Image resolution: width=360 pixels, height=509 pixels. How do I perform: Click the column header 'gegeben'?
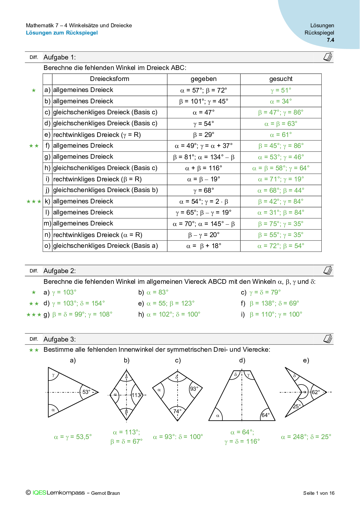pos(204,79)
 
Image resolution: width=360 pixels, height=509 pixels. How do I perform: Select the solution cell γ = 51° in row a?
pos(281,90)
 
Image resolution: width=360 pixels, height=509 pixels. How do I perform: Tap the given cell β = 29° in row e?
pos(204,135)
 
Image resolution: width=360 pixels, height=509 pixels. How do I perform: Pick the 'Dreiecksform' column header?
pos(109,79)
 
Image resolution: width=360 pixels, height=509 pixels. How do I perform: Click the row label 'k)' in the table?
pos(47,201)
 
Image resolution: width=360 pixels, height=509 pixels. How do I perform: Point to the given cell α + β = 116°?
pos(204,168)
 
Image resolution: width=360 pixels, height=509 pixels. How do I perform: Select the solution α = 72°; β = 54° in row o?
pos(281,246)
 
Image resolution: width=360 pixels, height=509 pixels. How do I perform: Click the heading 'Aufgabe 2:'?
pos(60,271)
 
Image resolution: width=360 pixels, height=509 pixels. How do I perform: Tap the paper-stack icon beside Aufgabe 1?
pos(328,57)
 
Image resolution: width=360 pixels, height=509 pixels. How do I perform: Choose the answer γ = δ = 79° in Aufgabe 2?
pos(265,292)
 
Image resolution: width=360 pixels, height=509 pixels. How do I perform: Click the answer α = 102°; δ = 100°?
pos(174,314)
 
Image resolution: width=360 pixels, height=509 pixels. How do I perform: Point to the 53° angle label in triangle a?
pos(87,392)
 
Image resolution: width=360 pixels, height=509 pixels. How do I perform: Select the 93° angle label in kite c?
pos(194,389)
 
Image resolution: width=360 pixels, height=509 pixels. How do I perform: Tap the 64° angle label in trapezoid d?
pos(265,415)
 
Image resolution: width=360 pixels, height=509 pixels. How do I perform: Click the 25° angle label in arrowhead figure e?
pos(296,406)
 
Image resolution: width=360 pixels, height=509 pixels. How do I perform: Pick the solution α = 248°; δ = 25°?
pos(306,437)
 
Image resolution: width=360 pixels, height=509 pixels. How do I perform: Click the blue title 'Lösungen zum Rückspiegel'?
pos(62,33)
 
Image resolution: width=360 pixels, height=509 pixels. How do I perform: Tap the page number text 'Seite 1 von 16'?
pos(319,493)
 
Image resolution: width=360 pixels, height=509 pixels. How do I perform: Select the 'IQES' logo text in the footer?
pos(39,493)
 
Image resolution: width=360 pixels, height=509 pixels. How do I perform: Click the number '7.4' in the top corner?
pos(330,40)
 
